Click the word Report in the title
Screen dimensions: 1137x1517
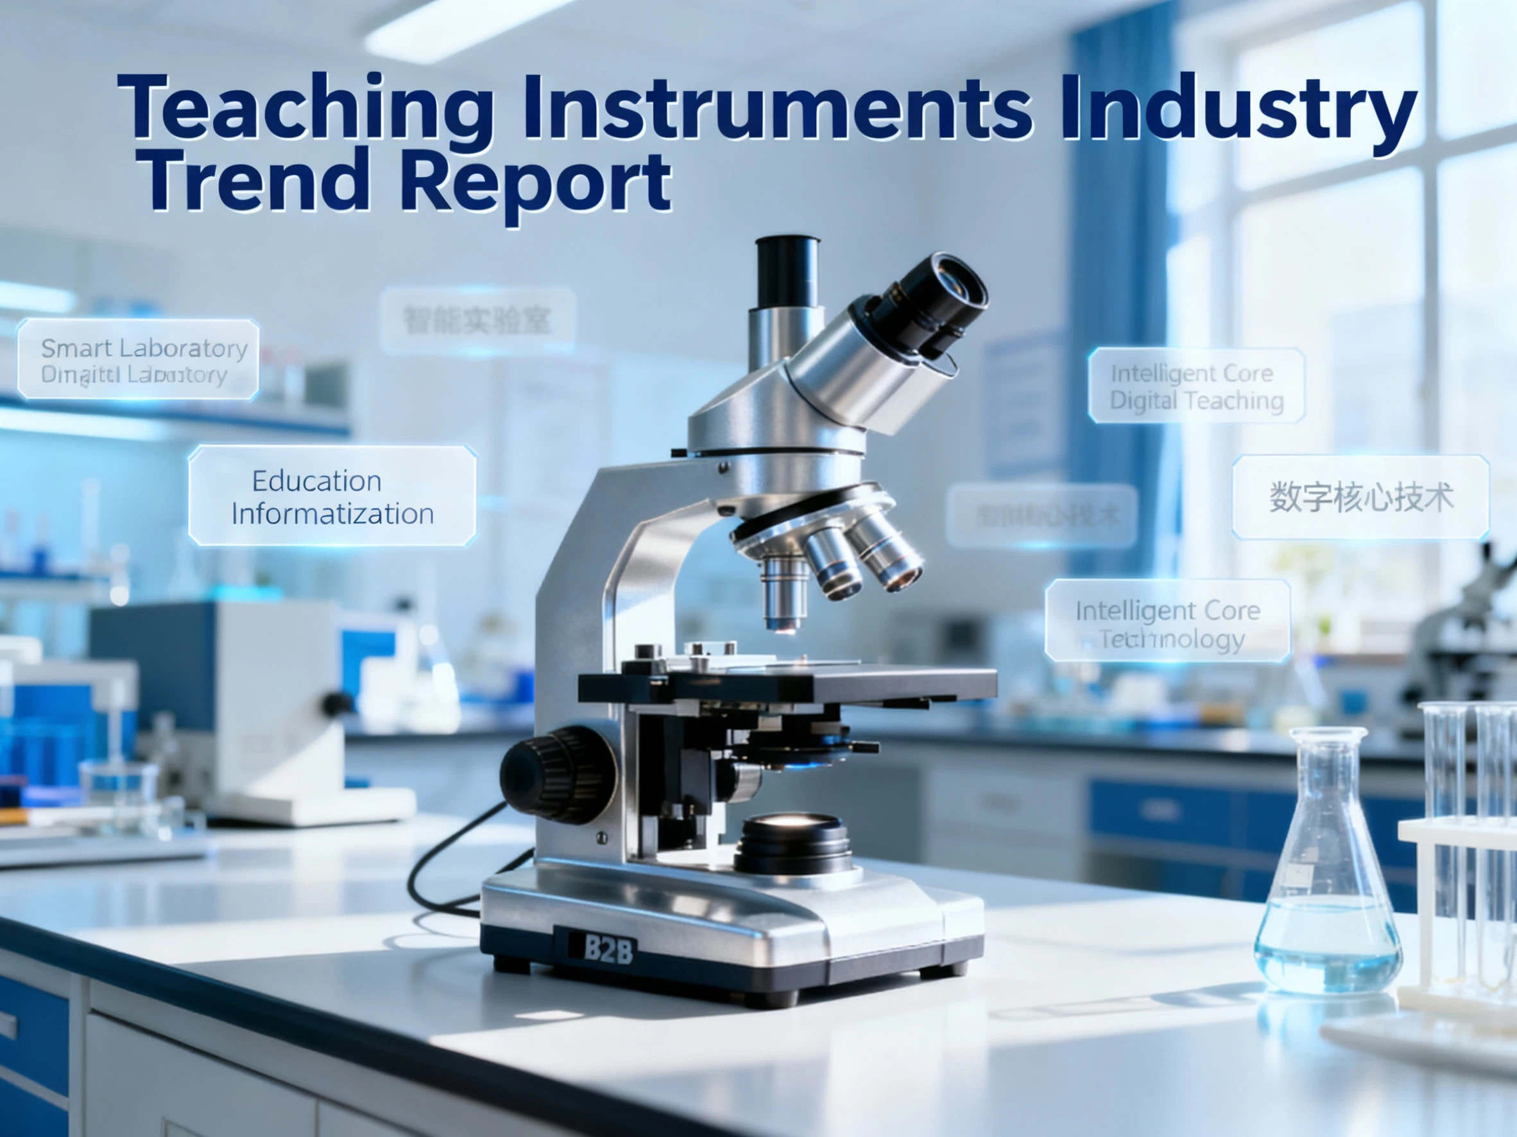[535, 181]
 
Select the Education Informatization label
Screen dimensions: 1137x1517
[332, 496]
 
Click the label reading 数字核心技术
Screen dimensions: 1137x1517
[1360, 497]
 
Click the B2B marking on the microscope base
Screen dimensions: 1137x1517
[608, 948]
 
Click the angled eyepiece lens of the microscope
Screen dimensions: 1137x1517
[939, 301]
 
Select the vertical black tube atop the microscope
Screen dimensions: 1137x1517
[787, 274]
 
